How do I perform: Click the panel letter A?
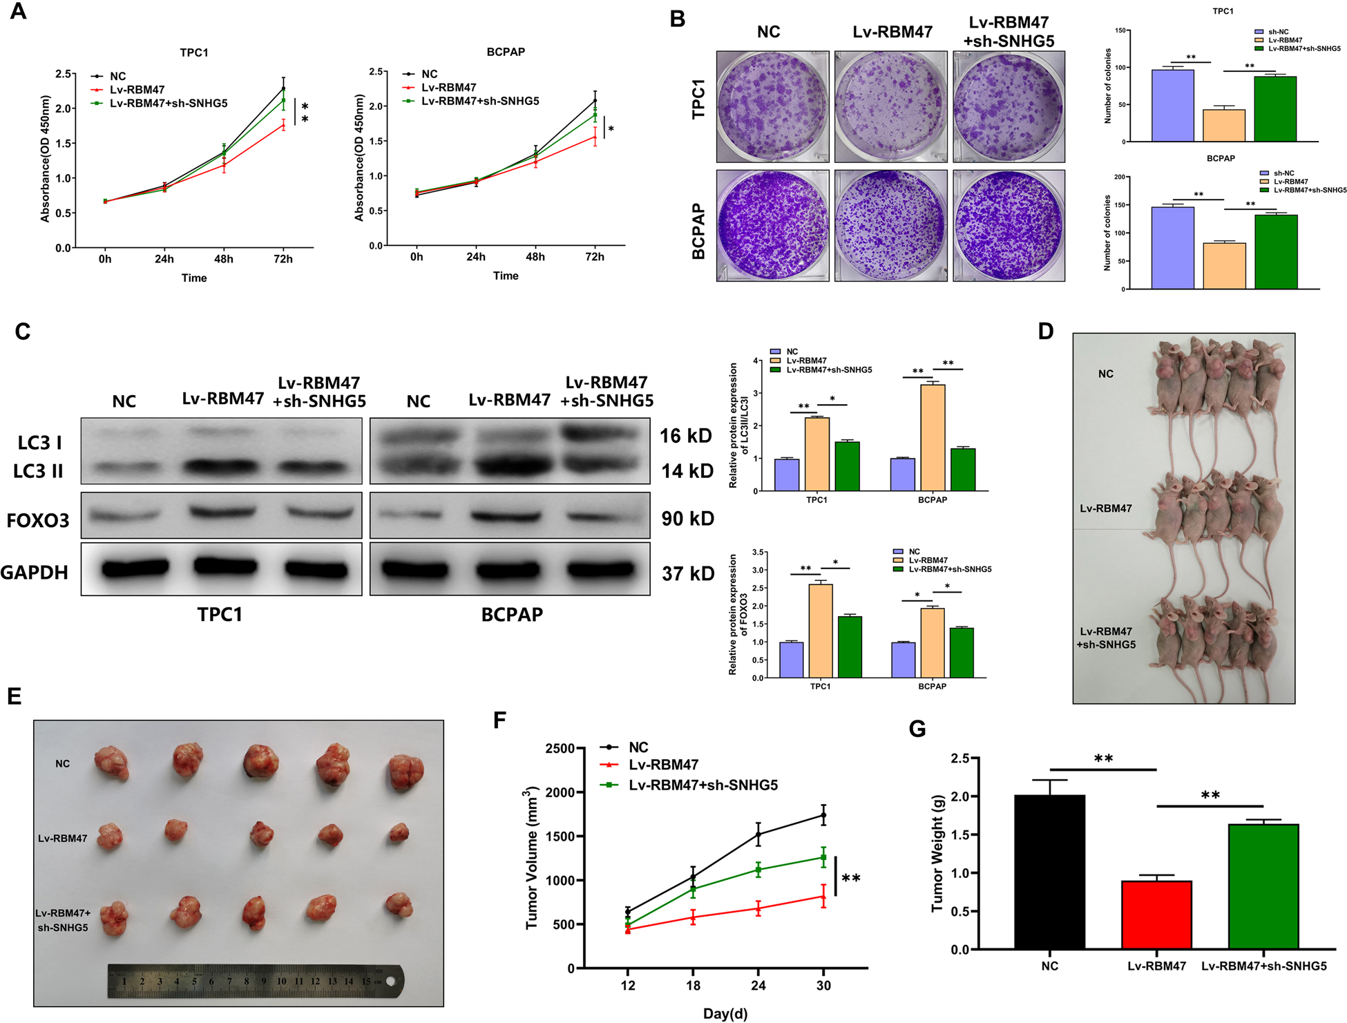[x=18, y=12]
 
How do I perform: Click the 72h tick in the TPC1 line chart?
[x=283, y=259]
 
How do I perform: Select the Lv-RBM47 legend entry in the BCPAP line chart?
[x=448, y=88]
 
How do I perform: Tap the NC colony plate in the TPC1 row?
[x=772, y=106]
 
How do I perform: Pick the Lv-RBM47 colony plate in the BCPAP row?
[x=890, y=225]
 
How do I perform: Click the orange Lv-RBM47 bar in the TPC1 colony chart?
[x=1223, y=125]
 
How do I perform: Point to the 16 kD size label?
[x=685, y=436]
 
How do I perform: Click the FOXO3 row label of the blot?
[x=38, y=520]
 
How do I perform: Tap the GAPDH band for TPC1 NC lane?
[x=135, y=568]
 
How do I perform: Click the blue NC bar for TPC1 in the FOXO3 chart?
[x=791, y=660]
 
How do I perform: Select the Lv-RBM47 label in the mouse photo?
[x=1105, y=508]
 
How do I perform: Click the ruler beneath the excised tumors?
[x=256, y=981]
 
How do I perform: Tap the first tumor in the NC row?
[x=112, y=763]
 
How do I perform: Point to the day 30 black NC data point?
[x=823, y=816]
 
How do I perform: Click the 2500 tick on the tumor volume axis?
[x=560, y=749]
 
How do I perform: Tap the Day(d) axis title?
[x=725, y=1013]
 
